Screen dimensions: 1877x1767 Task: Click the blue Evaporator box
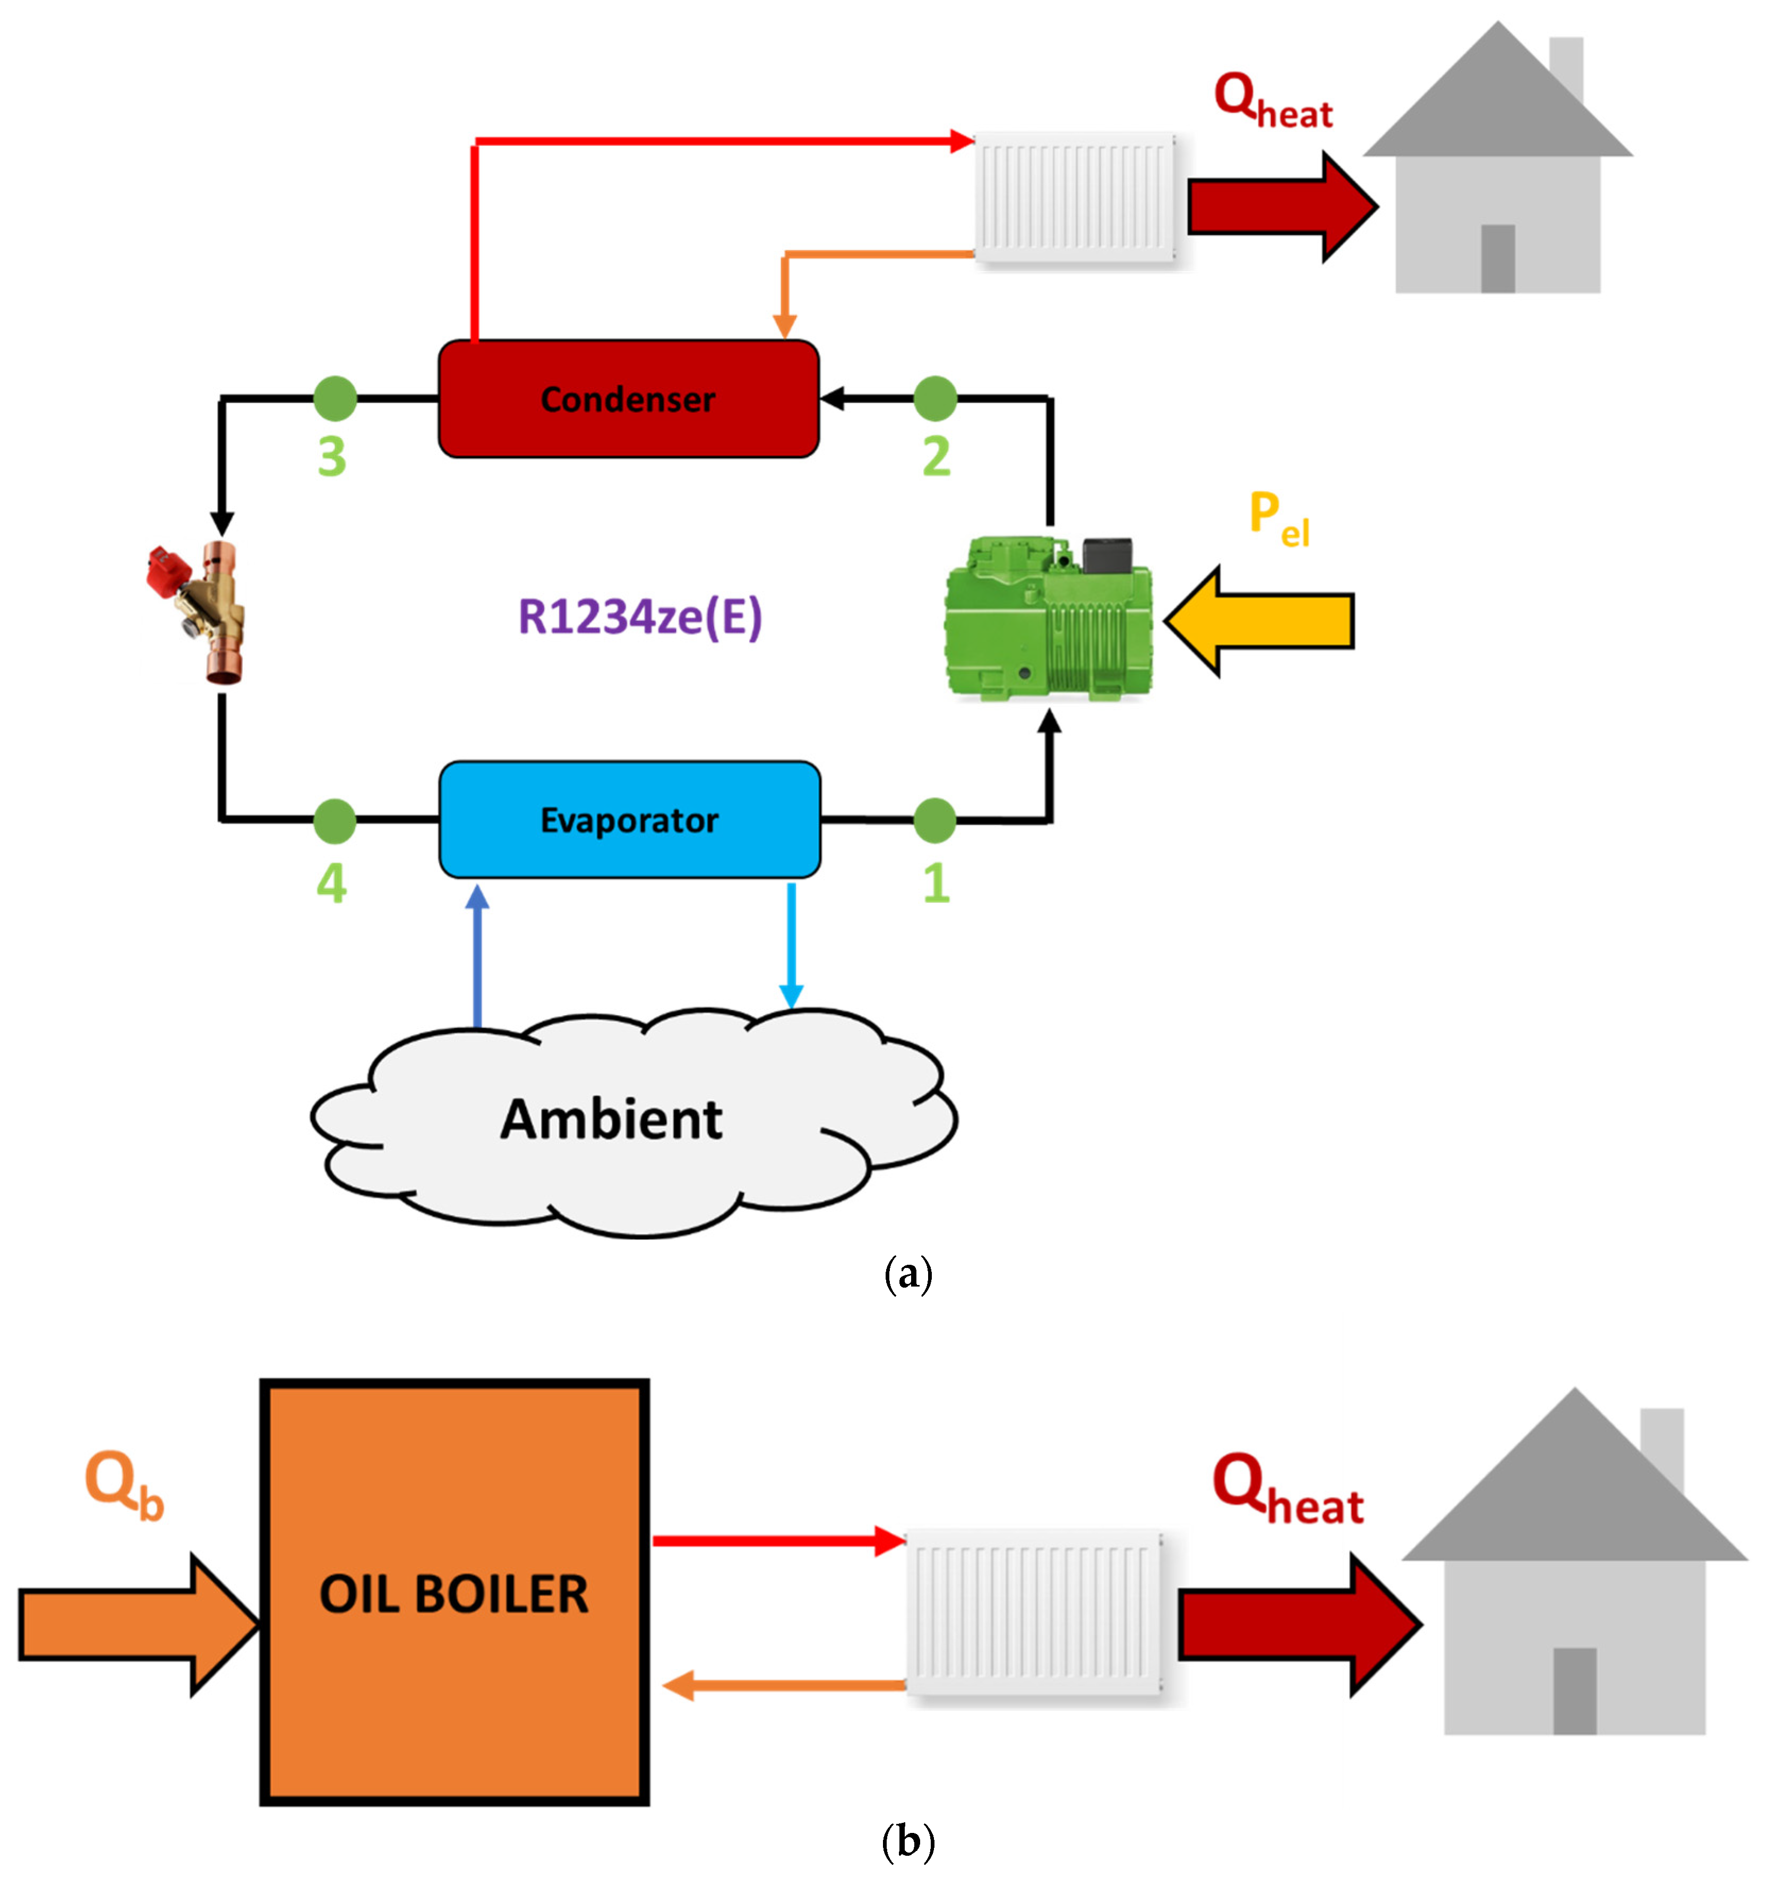coord(630,819)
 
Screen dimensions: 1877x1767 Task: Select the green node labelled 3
coord(335,398)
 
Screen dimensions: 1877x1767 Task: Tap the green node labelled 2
coord(934,398)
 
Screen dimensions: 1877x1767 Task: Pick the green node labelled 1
coord(934,819)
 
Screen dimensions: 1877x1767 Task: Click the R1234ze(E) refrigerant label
coord(640,616)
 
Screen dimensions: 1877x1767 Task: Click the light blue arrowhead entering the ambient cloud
coord(791,996)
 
